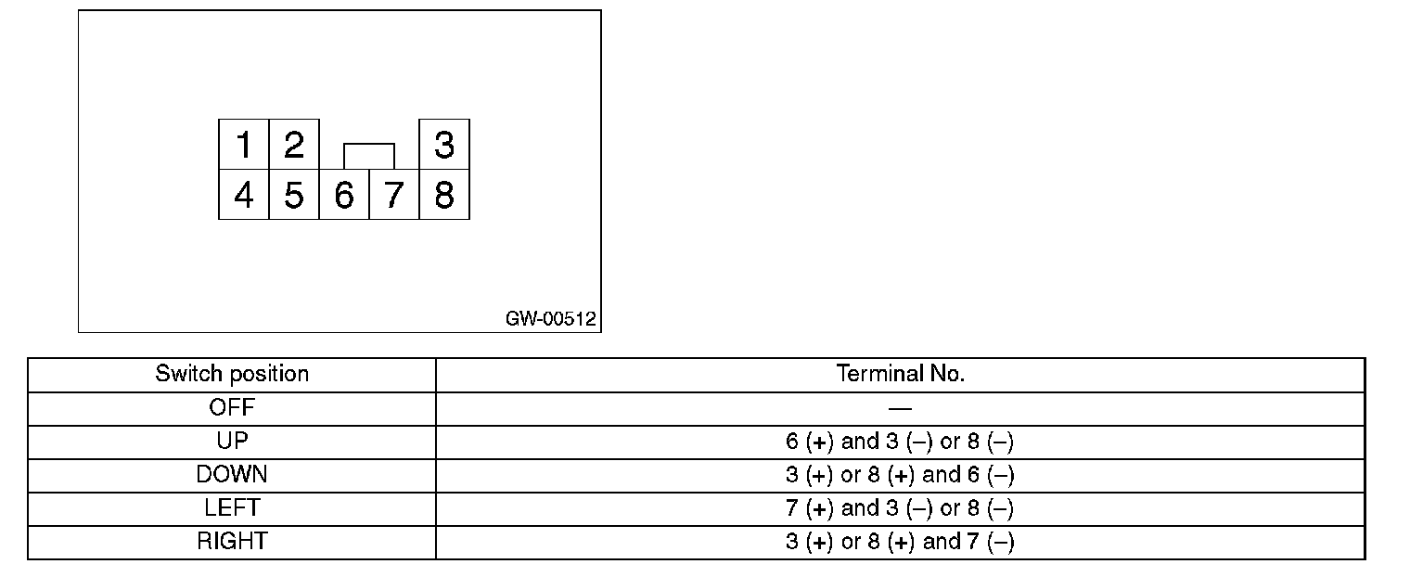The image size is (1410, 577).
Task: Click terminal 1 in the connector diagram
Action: point(244,145)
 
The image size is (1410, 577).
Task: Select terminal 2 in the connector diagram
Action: point(294,145)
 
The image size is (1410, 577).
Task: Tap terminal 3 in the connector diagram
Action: point(444,145)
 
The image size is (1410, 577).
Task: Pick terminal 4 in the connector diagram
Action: point(244,195)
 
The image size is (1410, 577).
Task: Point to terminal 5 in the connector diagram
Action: point(294,195)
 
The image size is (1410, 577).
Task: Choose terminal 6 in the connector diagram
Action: point(344,195)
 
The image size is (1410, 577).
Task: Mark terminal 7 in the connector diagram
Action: point(394,195)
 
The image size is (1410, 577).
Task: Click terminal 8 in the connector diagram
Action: point(444,195)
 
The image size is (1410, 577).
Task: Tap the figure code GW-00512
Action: point(551,318)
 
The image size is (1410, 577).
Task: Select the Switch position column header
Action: point(232,374)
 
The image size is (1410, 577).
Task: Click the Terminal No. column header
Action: point(900,374)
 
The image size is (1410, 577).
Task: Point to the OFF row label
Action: point(232,407)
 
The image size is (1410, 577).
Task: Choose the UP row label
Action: point(232,441)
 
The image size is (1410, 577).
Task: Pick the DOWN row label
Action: point(232,474)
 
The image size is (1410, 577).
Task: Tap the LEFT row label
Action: point(232,507)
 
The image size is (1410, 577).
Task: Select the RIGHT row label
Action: point(232,541)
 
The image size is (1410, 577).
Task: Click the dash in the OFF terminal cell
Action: point(900,408)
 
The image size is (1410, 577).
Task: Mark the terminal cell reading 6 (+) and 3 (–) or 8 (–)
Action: point(900,442)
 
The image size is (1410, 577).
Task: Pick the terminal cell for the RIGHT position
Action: point(900,542)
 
